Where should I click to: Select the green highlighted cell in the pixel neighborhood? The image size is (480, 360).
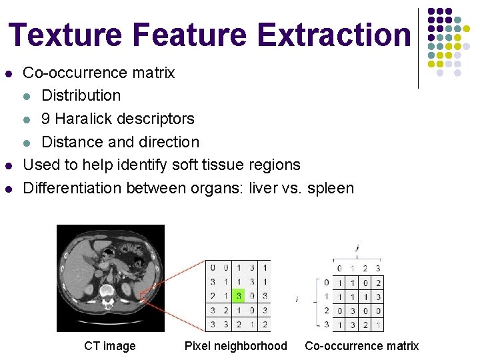[239, 295]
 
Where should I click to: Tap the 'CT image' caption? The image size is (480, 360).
[109, 346]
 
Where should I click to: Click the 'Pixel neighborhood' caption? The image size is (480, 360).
[235, 346]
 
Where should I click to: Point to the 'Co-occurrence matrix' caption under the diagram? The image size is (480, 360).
[361, 346]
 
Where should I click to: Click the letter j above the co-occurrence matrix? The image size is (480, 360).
[357, 247]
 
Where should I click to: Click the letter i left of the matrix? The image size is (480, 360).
[297, 299]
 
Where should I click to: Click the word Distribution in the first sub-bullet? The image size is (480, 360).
[81, 95]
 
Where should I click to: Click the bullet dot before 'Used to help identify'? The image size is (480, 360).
[9, 165]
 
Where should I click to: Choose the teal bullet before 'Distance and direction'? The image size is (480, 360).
[26, 142]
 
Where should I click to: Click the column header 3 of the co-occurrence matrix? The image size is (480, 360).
[377, 269]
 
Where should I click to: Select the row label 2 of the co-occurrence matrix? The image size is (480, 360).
[326, 311]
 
